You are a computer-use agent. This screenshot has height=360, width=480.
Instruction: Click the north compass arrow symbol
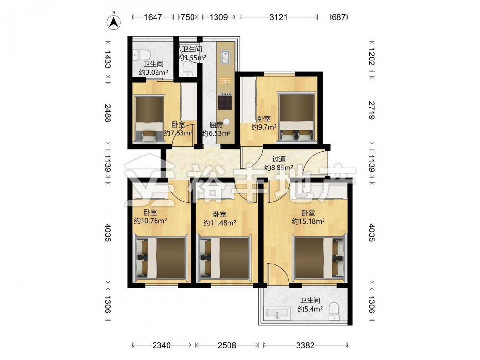click(114, 22)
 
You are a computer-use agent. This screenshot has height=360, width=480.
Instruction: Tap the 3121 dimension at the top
click(278, 17)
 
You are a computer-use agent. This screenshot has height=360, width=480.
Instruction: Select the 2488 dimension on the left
click(108, 113)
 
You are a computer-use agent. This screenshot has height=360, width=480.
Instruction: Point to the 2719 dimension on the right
click(372, 109)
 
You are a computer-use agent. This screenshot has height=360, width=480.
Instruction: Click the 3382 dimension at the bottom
click(305, 345)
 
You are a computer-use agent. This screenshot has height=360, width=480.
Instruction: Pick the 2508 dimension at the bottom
click(227, 345)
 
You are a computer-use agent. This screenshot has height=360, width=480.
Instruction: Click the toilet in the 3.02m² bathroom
click(142, 55)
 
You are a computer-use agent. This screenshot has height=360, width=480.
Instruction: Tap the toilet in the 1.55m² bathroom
click(187, 69)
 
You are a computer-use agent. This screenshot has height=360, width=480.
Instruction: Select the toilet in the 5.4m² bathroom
click(334, 312)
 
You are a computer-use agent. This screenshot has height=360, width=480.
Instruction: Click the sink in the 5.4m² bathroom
click(277, 314)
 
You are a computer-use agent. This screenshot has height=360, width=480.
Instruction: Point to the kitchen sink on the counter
click(226, 57)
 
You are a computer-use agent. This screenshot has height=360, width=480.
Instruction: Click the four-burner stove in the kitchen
click(225, 102)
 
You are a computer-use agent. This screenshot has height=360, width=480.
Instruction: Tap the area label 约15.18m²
click(308, 221)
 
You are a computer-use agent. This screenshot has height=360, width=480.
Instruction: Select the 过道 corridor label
click(279, 159)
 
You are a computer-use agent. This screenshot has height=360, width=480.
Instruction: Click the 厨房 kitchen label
click(216, 125)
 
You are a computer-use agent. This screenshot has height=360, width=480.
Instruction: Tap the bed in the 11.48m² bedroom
click(224, 258)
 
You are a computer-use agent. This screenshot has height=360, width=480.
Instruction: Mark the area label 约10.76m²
click(150, 221)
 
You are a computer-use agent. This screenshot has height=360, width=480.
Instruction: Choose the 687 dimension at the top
click(338, 17)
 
